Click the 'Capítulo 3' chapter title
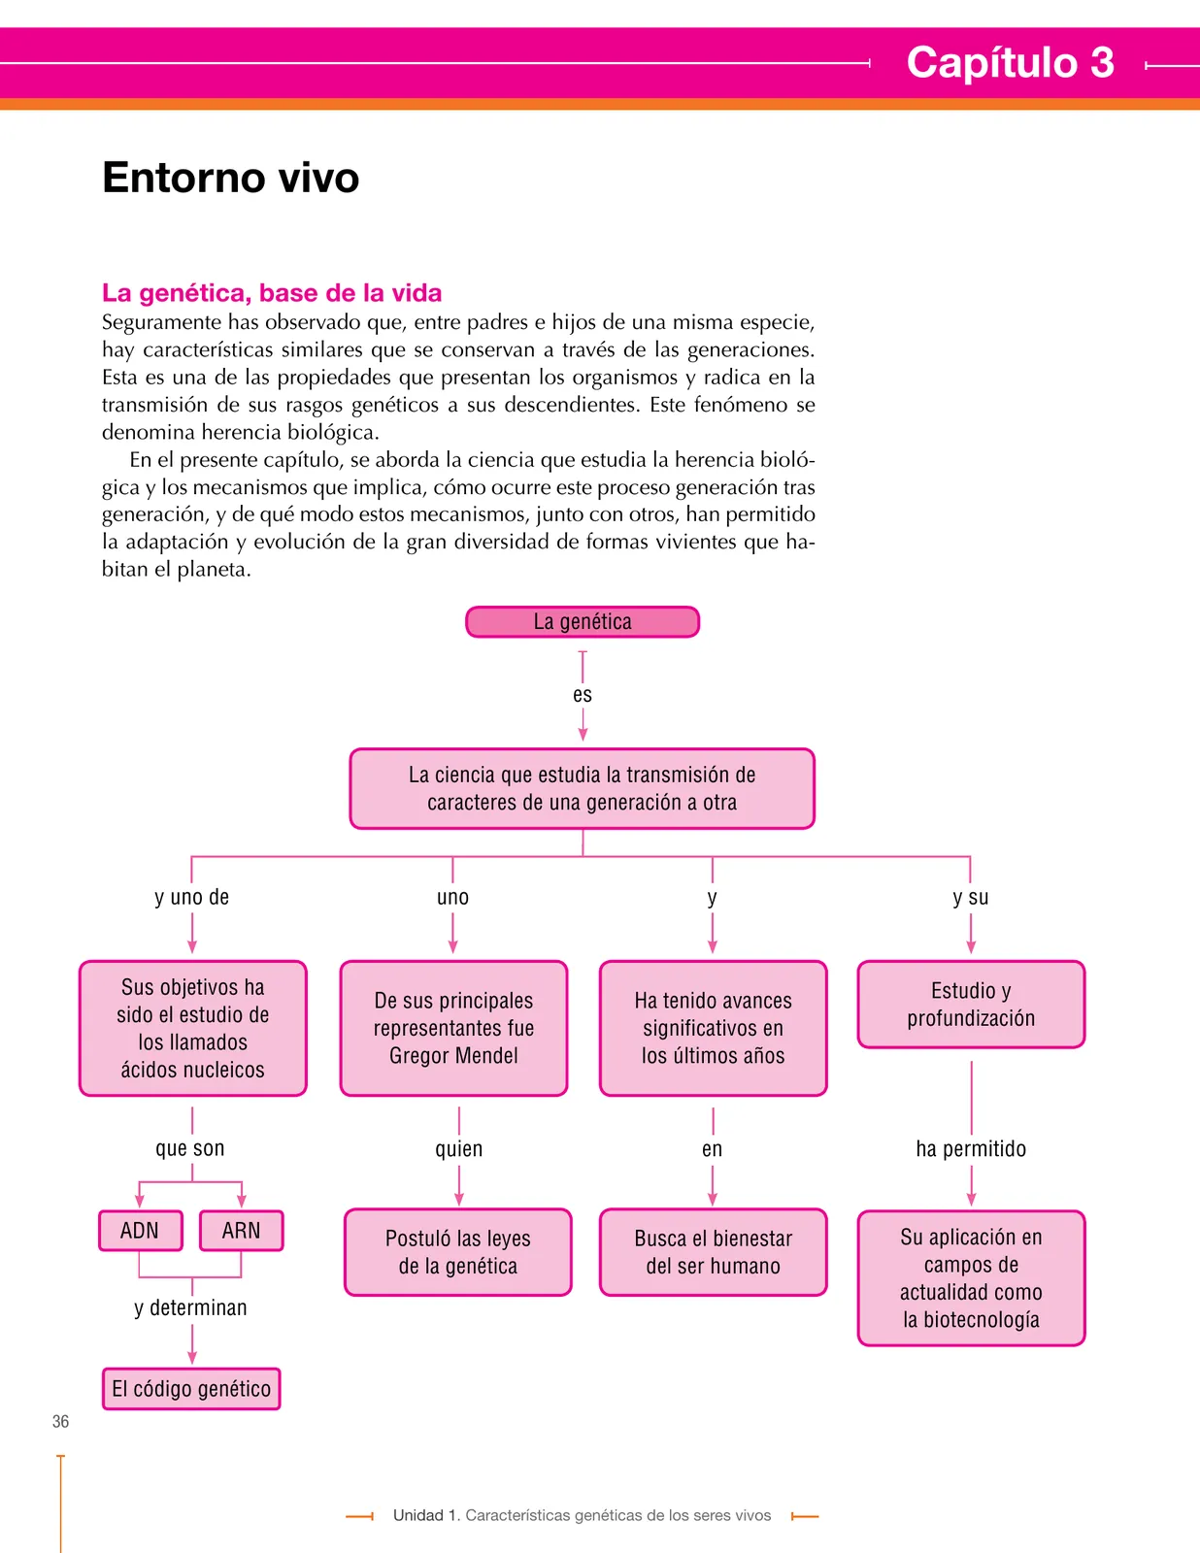(1010, 62)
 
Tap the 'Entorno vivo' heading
(230, 178)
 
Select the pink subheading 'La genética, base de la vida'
(272, 293)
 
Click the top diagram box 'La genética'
(583, 622)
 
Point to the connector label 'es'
(583, 695)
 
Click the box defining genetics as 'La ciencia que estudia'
(583, 788)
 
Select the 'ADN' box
(141, 1231)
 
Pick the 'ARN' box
(242, 1231)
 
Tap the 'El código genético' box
(191, 1389)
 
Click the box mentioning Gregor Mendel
(453, 1028)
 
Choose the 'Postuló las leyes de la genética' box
(458, 1252)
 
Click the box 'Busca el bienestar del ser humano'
(714, 1252)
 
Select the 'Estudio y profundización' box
(971, 1005)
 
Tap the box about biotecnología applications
(971, 1278)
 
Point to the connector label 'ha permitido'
(971, 1148)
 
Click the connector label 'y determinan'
(191, 1307)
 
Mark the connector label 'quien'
(459, 1149)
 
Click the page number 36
(61, 1422)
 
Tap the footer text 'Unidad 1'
(425, 1515)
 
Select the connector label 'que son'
(190, 1148)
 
